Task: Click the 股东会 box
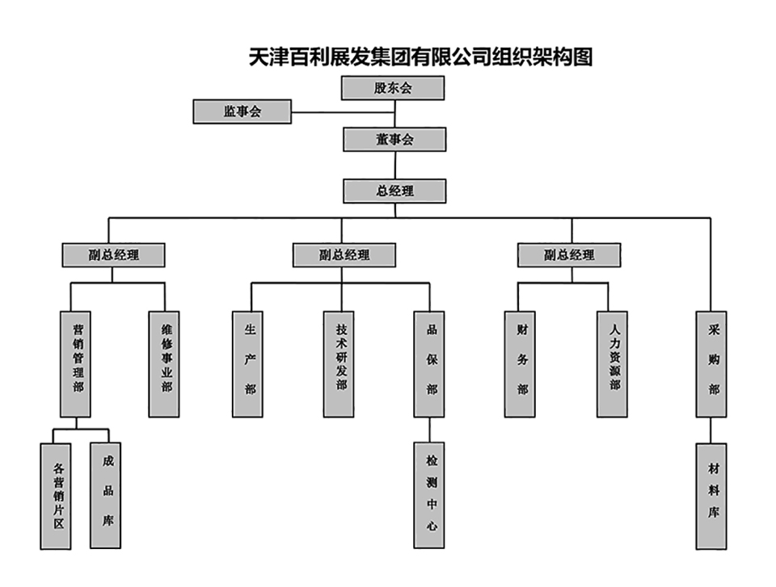[393, 88]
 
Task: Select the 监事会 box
[242, 111]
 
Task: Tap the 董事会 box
[394, 139]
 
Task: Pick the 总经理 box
[394, 191]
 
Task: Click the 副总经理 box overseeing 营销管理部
[114, 255]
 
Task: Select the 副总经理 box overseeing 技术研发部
[344, 255]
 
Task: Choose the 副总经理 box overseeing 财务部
[569, 255]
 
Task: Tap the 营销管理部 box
[75, 364]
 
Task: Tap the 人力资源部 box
[613, 364]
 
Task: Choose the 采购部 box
[713, 364]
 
